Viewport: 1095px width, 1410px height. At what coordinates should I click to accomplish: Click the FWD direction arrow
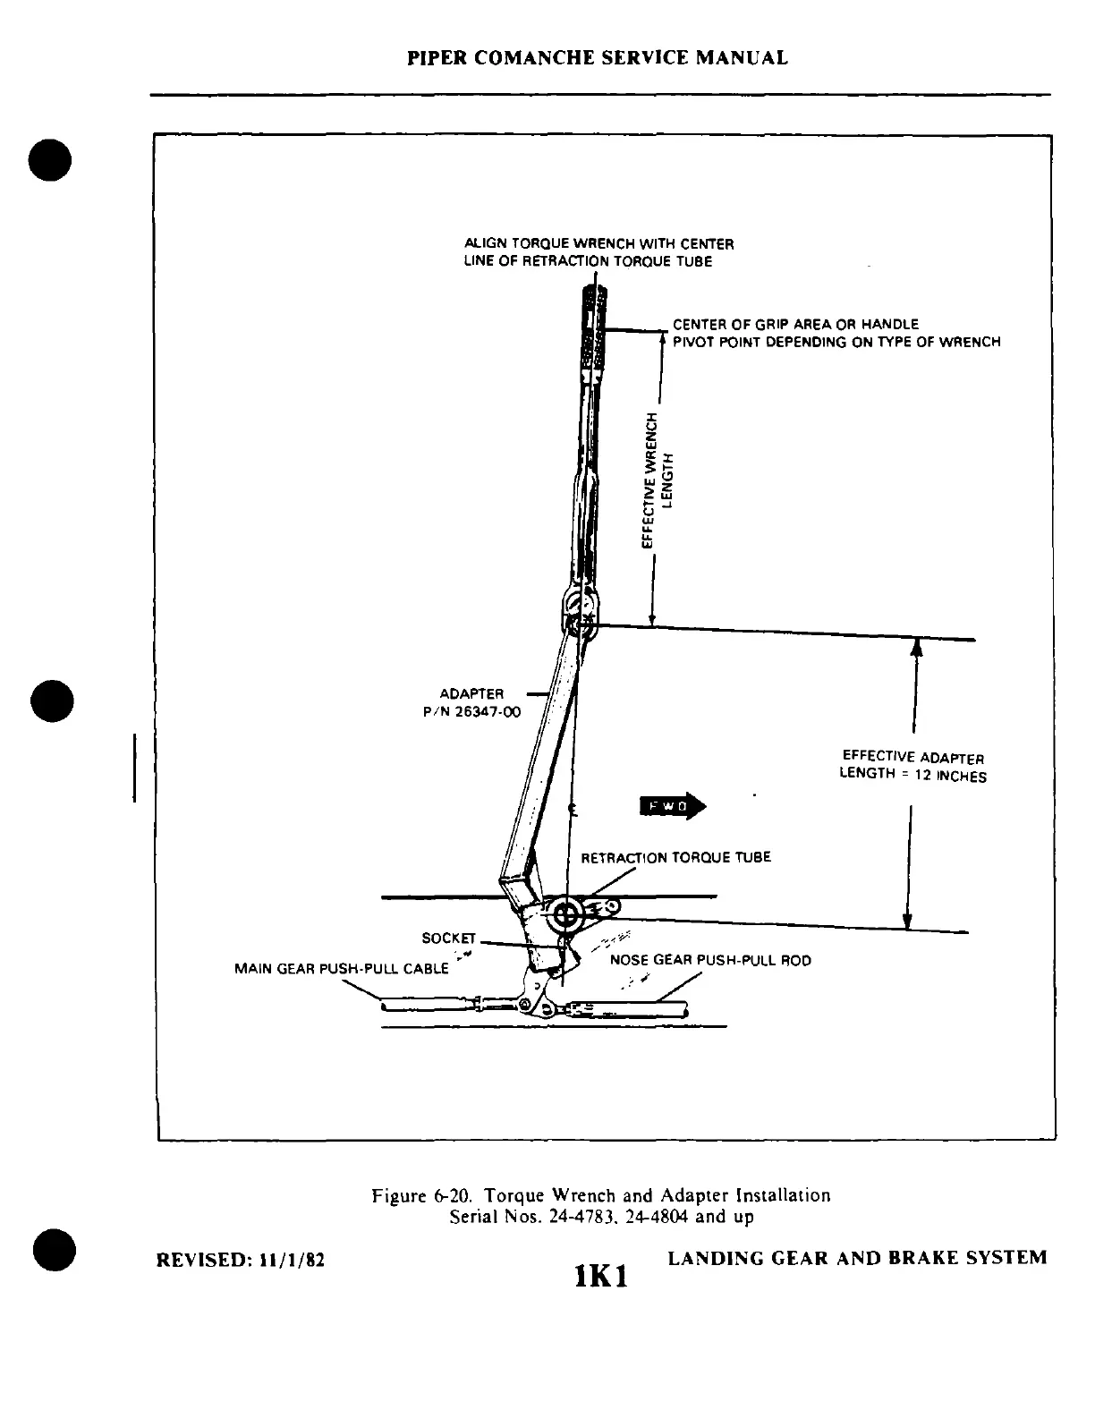coord(673,806)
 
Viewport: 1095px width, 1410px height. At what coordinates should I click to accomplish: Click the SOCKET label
coord(448,938)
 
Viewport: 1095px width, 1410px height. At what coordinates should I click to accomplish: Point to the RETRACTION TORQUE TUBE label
coord(675,857)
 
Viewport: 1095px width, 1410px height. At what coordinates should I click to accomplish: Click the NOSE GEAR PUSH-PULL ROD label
coord(710,960)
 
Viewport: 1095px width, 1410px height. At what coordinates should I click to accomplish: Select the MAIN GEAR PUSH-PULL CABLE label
coord(341,968)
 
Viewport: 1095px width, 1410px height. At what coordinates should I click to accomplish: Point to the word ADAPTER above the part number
coord(471,693)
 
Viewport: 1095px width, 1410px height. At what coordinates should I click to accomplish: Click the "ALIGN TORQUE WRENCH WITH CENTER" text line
coord(598,243)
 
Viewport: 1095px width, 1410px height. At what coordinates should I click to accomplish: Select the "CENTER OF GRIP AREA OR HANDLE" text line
coord(795,324)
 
